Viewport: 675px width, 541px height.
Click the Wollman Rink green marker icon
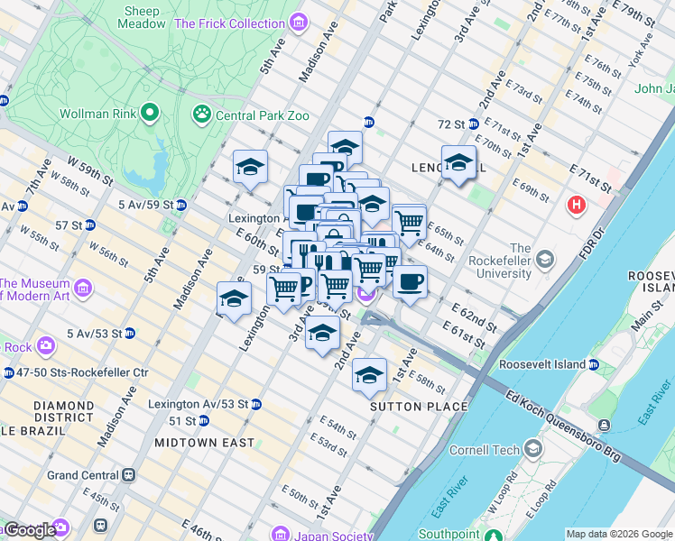pyautogui.click(x=149, y=114)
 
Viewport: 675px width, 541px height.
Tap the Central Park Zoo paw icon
pyautogui.click(x=200, y=115)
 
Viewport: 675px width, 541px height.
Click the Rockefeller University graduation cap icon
pyautogui.click(x=544, y=261)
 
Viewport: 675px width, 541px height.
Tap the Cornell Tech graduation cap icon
pyautogui.click(x=534, y=449)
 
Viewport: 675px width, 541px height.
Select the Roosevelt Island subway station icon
pyautogui.click(x=594, y=364)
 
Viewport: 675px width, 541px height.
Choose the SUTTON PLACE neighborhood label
pyautogui.click(x=420, y=407)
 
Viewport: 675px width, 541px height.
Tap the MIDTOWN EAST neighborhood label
pyautogui.click(x=203, y=443)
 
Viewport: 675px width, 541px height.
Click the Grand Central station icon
pyautogui.click(x=130, y=474)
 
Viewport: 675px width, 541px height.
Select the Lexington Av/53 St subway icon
pyautogui.click(x=256, y=404)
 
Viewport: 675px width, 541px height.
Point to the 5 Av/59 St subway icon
pyautogui.click(x=180, y=205)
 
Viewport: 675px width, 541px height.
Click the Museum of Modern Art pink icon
pyautogui.click(x=83, y=289)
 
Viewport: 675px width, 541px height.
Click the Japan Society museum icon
pyautogui.click(x=282, y=532)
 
